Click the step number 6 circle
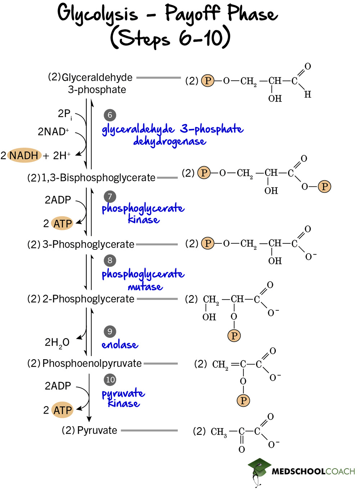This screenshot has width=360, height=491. (x=110, y=115)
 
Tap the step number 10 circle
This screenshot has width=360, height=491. (x=110, y=379)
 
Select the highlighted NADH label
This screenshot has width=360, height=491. (x=24, y=156)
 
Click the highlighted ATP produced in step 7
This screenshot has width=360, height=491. (x=63, y=224)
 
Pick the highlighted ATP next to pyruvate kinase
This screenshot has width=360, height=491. (x=63, y=410)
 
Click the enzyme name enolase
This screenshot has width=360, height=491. (x=120, y=344)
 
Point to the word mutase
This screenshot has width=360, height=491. (x=145, y=287)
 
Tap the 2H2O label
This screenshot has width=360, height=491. (x=57, y=342)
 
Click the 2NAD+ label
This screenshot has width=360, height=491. (x=53, y=132)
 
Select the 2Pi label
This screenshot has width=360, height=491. (x=65, y=114)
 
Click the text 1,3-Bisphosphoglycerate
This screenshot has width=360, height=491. (x=98, y=178)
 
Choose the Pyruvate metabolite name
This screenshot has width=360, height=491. (x=97, y=430)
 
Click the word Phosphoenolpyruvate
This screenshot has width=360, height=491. (x=92, y=363)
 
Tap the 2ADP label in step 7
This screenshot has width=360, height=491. (x=58, y=200)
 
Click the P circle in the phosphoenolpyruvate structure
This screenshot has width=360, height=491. (x=243, y=400)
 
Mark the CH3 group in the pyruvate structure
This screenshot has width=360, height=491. (x=219, y=432)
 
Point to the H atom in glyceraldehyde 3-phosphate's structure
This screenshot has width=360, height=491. (x=307, y=94)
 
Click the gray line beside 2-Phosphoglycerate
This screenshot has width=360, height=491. (x=157, y=299)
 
